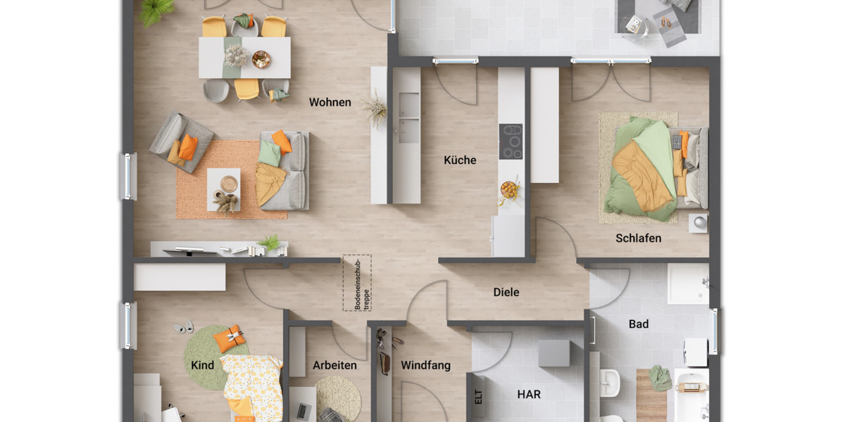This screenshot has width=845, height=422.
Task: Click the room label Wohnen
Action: click(x=330, y=103)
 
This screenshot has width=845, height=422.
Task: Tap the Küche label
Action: click(x=460, y=160)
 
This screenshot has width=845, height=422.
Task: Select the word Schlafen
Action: click(x=638, y=238)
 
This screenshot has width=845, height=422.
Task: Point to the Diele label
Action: click(x=506, y=292)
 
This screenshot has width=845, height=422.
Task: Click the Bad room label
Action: click(x=639, y=324)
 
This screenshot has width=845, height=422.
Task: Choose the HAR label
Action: click(x=529, y=395)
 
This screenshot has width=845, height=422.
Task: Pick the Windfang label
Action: click(x=425, y=366)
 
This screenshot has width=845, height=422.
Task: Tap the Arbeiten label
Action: click(x=334, y=366)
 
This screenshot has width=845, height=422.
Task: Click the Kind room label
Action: click(x=202, y=366)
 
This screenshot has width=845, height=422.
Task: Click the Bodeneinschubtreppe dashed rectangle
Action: click(x=357, y=283)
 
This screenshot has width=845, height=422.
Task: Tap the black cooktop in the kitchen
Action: click(x=511, y=141)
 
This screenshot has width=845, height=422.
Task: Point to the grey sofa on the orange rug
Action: click(x=285, y=171)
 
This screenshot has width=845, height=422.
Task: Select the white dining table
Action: click(x=244, y=58)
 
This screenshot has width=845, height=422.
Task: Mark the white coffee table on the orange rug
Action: click(x=223, y=188)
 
